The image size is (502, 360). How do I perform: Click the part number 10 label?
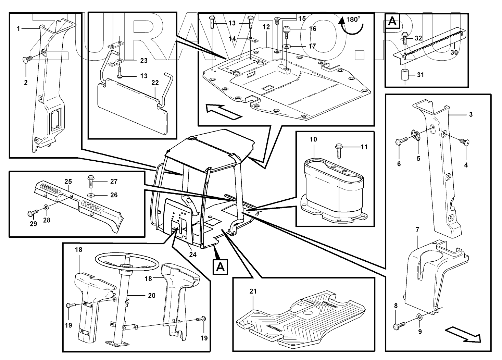click(x=313, y=139)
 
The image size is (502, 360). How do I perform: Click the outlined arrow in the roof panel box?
click(x=223, y=111)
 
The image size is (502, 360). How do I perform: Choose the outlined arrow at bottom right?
click(x=463, y=334)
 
